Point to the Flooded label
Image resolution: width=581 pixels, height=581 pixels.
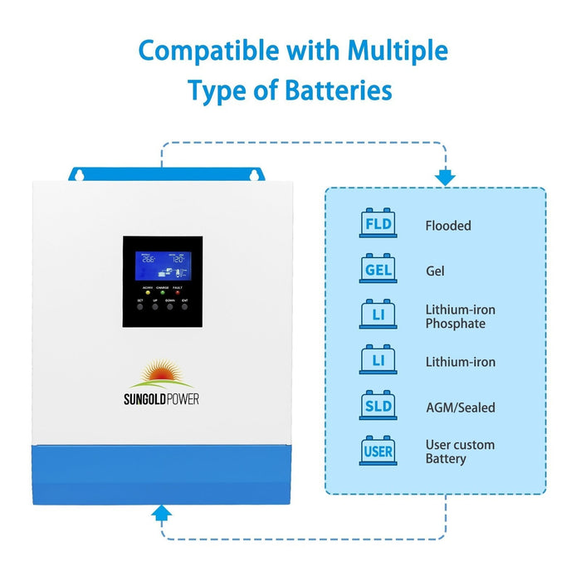pos(447,226)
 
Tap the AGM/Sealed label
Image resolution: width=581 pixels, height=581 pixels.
pos(460,408)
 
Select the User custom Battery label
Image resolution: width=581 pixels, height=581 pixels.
pos(459,452)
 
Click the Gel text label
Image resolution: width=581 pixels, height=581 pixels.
pos(435,271)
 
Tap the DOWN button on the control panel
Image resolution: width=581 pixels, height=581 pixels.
pos(170,306)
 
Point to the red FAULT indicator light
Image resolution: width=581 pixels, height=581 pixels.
pos(178,293)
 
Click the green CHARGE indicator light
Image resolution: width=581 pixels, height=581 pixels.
pos(163,293)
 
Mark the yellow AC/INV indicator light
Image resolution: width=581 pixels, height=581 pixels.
pos(147,293)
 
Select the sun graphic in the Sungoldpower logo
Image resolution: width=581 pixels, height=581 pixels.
pos(163,373)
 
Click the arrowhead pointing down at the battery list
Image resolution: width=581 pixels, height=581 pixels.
pos(446,178)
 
